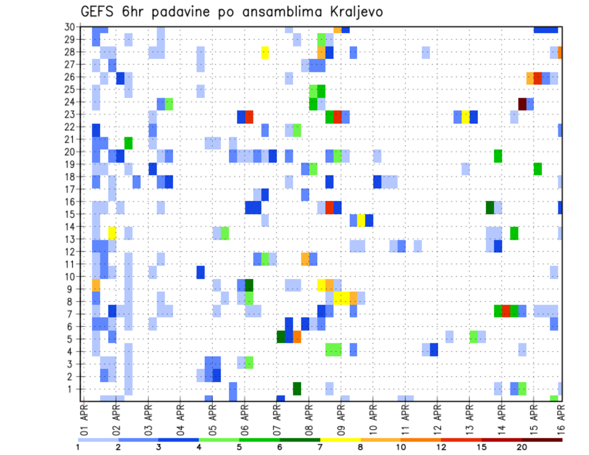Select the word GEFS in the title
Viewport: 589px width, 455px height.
[99, 12]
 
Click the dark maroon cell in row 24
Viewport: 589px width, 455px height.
[522, 104]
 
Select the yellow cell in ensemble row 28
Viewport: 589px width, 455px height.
[265, 53]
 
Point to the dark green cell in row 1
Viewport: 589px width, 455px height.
[297, 389]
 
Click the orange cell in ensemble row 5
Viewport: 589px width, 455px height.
[297, 337]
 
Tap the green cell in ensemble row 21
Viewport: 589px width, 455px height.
[128, 143]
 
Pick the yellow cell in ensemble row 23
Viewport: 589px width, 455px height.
[466, 117]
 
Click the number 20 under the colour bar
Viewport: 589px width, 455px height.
[522, 447]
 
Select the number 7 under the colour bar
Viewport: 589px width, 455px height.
[321, 447]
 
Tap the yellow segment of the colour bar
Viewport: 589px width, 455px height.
[341, 440]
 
